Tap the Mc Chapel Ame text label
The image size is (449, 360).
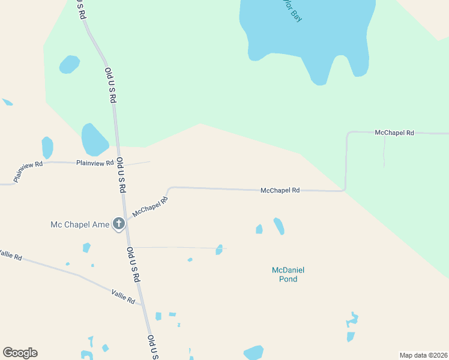[80, 225]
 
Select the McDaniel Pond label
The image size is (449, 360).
[285, 274]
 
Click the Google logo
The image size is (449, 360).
[20, 353]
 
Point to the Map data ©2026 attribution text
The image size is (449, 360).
[423, 355]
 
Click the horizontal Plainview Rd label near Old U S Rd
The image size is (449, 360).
[95, 163]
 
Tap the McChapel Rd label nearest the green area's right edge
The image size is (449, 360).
[394, 132]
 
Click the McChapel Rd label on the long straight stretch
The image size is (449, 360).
[280, 190]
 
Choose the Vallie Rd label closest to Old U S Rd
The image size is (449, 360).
[123, 296]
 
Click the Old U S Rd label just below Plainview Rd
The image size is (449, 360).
[121, 175]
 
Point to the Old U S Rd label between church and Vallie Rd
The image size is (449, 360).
[133, 265]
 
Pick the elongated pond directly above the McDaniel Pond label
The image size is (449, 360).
[279, 226]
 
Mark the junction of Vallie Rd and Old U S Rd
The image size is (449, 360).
[143, 304]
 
